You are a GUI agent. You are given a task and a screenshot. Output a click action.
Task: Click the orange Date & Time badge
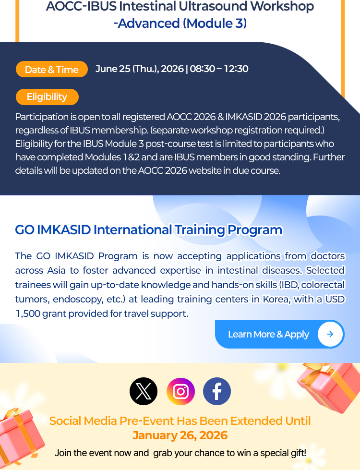coord(51,69)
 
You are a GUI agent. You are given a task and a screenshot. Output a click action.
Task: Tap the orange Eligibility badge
coord(47,97)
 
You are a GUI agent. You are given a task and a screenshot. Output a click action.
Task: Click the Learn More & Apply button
coord(280,334)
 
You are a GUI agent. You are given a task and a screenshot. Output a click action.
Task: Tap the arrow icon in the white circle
coord(330,334)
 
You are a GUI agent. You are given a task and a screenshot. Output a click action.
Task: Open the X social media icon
coord(144,391)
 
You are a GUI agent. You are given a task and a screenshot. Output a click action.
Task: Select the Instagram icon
coord(180,391)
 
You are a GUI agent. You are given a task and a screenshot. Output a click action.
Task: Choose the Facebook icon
coord(217,391)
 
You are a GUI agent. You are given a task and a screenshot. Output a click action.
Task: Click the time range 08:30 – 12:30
coord(219,69)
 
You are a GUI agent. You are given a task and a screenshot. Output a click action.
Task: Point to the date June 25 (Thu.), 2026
coord(139,69)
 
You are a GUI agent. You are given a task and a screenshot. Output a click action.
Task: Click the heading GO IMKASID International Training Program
coord(149,230)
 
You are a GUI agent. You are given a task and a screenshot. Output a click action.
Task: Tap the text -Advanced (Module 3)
coord(180,24)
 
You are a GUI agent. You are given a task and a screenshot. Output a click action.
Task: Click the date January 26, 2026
coord(180,435)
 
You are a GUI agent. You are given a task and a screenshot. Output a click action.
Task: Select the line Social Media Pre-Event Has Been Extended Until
coord(180,421)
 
